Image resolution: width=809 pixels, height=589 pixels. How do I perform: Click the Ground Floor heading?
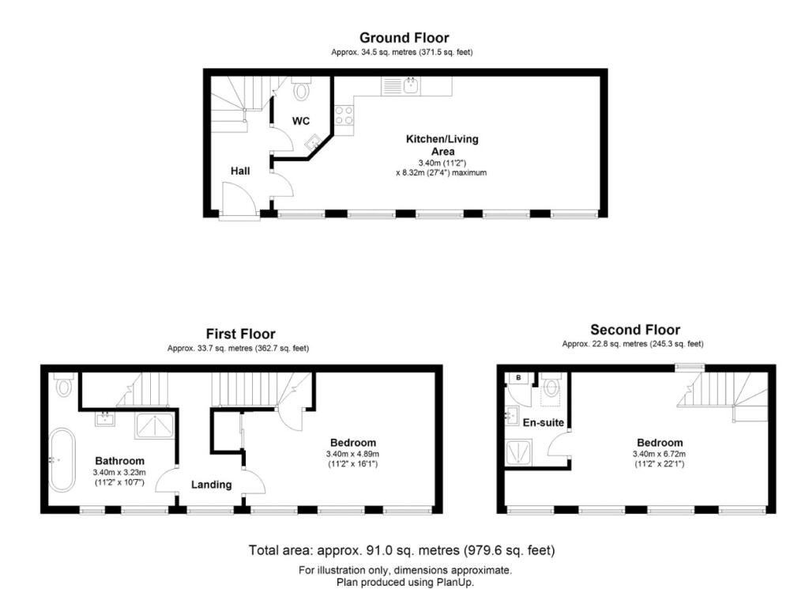[x=404, y=37]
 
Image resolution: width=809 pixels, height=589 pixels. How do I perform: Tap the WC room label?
[x=301, y=121]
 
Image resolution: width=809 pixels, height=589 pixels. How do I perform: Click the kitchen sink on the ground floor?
[x=411, y=85]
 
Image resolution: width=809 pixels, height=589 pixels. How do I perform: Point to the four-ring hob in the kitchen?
[x=344, y=115]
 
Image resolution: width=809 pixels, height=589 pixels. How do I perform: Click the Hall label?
[x=241, y=171]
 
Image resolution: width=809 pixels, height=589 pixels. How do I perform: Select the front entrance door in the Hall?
[x=239, y=199]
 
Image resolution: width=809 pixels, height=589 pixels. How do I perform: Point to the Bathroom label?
[x=120, y=461]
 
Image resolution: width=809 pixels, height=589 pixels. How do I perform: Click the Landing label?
[x=211, y=484]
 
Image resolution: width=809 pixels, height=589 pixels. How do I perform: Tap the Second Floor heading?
[x=634, y=330]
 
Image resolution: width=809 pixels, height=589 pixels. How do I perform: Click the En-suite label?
[x=544, y=423]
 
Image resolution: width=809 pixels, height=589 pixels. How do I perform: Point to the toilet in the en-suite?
[x=551, y=386]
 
